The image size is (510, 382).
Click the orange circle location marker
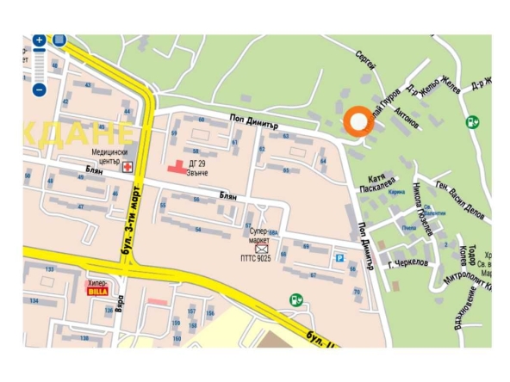tap(355, 122)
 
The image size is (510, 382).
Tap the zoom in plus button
tap(39, 40)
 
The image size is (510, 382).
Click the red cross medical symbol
tap(129, 166)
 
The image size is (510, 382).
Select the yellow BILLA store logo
tap(97, 291)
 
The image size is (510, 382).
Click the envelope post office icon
tap(261, 249)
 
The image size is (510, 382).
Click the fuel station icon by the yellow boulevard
tap(295, 300)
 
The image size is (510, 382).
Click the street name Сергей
tap(365, 59)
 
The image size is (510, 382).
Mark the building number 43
tap(88, 83)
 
